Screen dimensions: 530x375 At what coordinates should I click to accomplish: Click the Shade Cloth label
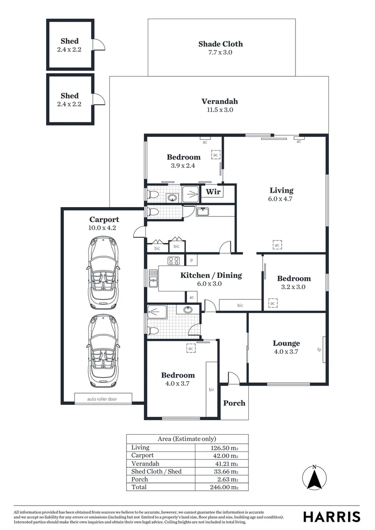220,44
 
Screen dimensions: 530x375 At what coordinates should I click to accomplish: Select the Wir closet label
213,191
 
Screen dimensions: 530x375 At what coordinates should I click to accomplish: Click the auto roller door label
103,398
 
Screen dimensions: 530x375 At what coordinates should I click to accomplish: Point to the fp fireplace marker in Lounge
319,349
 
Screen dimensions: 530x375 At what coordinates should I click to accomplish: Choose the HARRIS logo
331,516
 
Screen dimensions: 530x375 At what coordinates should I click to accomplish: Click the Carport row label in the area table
142,455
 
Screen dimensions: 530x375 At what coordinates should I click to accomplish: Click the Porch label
234,403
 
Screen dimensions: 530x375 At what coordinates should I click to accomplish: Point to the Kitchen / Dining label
211,275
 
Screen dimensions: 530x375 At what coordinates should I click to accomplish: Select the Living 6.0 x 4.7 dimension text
281,199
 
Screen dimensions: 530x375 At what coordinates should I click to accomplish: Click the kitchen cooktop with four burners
174,261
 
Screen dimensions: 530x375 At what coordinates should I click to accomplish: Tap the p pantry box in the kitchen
191,260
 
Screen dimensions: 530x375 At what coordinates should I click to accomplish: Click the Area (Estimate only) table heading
187,439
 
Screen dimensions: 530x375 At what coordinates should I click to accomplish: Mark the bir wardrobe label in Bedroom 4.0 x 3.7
212,390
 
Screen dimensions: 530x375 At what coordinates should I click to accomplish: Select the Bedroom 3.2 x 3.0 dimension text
294,287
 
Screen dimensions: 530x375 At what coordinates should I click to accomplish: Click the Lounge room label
286,343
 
